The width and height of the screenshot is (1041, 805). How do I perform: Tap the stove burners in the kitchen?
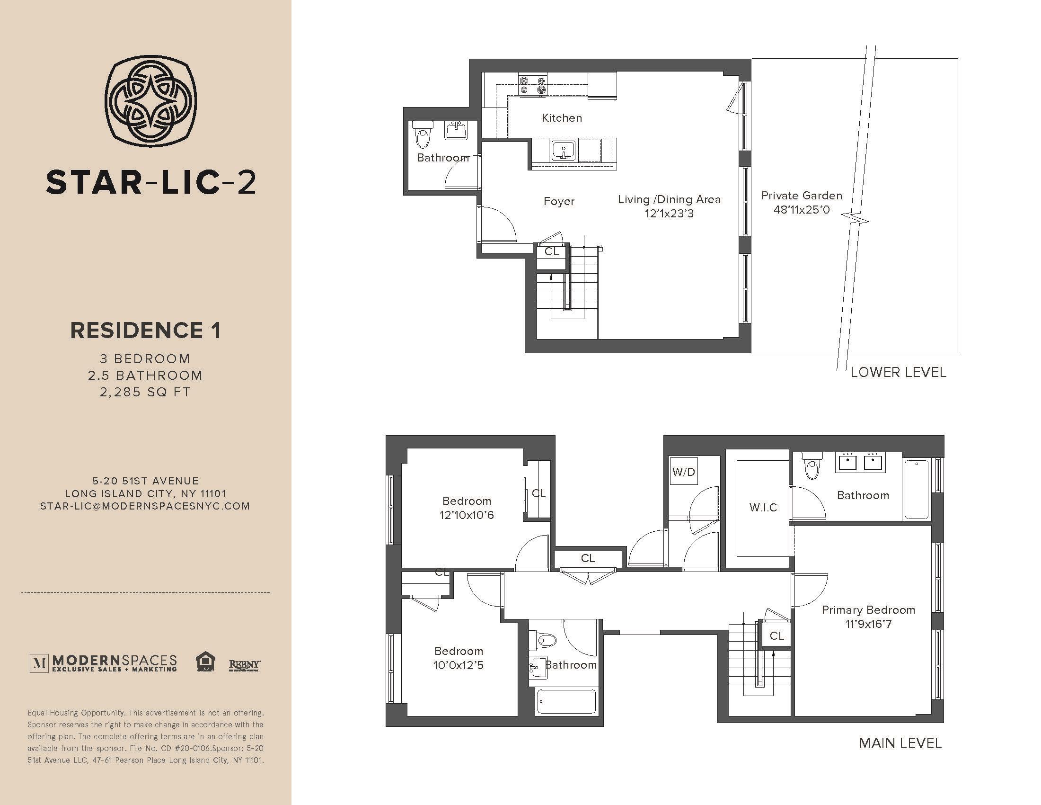(x=532, y=85)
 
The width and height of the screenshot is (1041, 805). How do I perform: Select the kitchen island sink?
(x=564, y=151)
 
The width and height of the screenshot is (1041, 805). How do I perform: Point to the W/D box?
(x=684, y=472)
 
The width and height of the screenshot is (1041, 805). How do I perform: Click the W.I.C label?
(x=763, y=508)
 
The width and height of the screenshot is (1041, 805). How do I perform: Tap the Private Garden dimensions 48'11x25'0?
(x=802, y=209)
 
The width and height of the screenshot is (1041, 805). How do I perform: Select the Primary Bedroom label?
(x=868, y=609)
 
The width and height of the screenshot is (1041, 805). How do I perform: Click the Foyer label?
(x=559, y=201)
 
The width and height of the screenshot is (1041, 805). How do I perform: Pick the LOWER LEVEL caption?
(x=899, y=372)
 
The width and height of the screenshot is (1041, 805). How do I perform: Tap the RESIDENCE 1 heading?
(x=146, y=331)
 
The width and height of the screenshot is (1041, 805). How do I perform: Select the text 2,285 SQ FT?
(x=145, y=392)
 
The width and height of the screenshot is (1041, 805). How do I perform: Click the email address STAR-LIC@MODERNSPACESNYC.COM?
(x=145, y=506)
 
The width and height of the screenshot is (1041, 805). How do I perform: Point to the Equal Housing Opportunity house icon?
(x=205, y=662)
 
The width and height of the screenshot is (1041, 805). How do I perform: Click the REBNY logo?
(x=245, y=664)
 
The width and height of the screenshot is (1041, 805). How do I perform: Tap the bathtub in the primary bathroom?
(x=916, y=489)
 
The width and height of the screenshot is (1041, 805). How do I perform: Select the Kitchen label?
(x=562, y=118)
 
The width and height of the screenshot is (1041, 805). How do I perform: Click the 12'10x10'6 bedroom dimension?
(x=467, y=515)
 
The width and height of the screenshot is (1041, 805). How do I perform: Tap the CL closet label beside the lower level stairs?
(x=551, y=251)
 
